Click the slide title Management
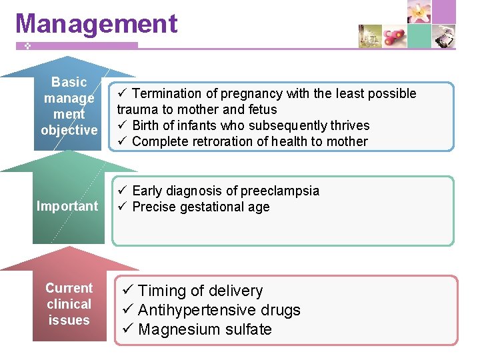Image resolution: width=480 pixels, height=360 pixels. click(x=97, y=23)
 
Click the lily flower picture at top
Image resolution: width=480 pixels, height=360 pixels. click(x=419, y=12)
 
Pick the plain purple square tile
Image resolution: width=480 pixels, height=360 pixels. click(x=443, y=12)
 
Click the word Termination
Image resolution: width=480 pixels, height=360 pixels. click(x=167, y=93)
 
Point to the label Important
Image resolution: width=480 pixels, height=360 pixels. click(x=67, y=206)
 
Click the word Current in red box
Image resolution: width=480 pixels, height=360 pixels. click(x=69, y=288)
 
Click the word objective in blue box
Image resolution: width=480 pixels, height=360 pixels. click(x=69, y=130)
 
